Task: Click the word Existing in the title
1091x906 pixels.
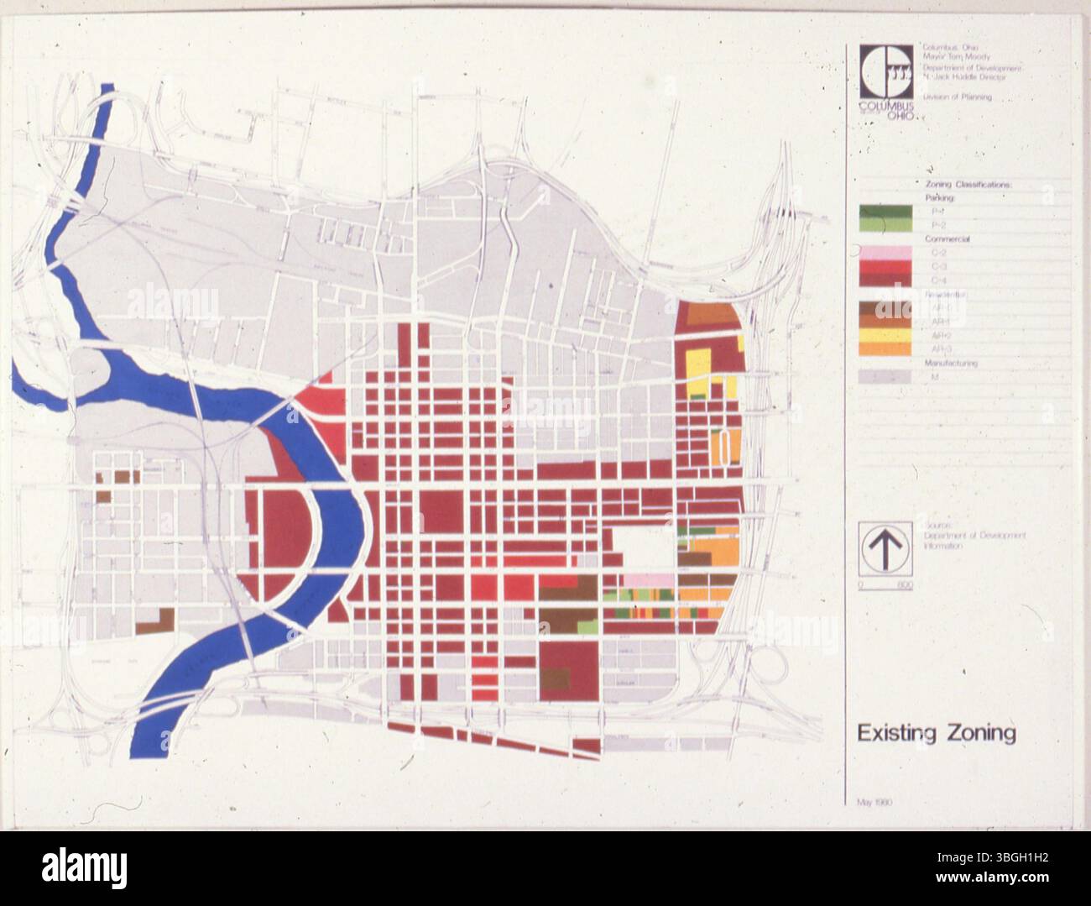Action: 894,733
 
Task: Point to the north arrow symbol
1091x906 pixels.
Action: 885,547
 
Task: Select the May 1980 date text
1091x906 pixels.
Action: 874,802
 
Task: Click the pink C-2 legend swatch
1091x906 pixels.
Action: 884,252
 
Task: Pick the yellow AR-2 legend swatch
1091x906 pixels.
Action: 884,334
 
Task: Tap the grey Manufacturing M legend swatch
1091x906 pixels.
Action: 884,377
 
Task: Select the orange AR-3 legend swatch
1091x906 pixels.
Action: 884,348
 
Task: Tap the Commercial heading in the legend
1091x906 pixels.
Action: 947,239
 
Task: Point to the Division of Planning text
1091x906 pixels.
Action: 957,97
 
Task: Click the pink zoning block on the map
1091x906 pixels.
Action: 647,580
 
